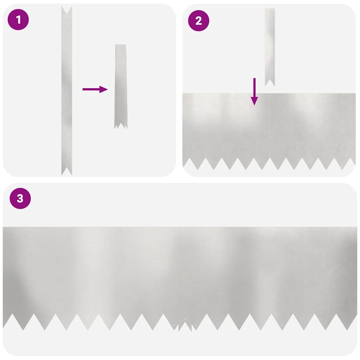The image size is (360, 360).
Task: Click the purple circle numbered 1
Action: [18, 20]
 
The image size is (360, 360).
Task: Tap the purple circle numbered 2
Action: [199, 21]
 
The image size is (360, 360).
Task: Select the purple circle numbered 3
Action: [20, 198]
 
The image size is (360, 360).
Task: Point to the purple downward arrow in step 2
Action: [255, 91]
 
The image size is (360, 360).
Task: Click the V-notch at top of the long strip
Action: [67, 9]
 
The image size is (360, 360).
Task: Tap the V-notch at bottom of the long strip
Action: [67, 172]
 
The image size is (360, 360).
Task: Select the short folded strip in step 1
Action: [121, 84]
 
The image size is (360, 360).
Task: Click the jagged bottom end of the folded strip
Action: [121, 125]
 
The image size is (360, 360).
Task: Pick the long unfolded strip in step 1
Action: [67, 88]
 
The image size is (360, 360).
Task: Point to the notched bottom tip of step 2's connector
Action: [270, 82]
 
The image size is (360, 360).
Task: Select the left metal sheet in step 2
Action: [225, 127]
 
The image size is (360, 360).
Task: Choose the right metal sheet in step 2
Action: [313, 127]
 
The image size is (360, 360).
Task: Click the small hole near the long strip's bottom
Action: [67, 165]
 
